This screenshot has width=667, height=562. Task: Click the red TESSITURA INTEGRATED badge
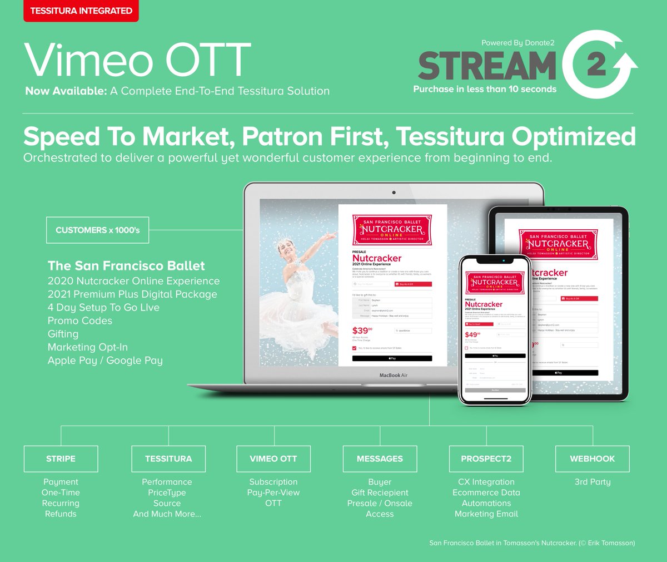81,11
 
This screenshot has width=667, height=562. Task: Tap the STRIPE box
61,459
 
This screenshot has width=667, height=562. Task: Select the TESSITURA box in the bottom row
168,459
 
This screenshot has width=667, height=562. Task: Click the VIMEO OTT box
273,459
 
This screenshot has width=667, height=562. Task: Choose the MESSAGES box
380,459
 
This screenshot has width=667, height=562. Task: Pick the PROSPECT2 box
486,459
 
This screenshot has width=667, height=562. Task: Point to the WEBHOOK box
593,459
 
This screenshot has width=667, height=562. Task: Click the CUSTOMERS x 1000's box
98,230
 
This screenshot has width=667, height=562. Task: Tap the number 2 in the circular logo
596,65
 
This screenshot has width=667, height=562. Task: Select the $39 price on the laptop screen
361,331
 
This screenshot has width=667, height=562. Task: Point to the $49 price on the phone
471,335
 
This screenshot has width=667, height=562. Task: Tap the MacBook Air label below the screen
394,376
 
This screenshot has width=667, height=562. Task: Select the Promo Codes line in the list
80,321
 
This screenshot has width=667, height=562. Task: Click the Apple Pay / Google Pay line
105,361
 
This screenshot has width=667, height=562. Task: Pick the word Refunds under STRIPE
61,514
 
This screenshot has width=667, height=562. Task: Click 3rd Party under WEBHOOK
593,482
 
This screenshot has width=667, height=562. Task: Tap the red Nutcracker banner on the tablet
558,244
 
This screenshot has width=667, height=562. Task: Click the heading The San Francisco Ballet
126,266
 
